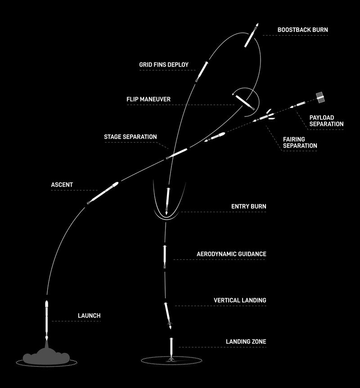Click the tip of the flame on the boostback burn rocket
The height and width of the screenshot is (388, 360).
257,23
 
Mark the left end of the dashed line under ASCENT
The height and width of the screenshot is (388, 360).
51,190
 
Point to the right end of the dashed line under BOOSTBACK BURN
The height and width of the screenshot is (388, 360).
328,36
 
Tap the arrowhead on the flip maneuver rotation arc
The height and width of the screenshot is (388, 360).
233,94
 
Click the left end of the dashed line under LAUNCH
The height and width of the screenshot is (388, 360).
52,321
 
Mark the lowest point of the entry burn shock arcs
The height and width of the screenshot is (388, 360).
166,219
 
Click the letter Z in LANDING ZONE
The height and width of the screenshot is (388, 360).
250,342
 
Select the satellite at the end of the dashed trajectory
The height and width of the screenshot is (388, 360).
320,98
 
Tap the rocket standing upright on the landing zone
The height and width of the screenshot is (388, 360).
171,349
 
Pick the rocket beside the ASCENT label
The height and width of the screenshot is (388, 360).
103,193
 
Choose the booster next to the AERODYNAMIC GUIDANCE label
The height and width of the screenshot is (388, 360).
165,257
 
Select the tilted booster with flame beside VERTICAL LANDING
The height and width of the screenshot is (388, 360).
168,316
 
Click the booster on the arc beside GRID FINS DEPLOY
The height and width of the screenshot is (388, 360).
202,71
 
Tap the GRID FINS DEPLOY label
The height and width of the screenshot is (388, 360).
164,65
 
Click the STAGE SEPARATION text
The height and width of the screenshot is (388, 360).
130,137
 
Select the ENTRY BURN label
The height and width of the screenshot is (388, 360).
249,206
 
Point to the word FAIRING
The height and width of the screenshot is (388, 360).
294,139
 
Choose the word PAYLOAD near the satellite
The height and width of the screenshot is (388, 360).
322,117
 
